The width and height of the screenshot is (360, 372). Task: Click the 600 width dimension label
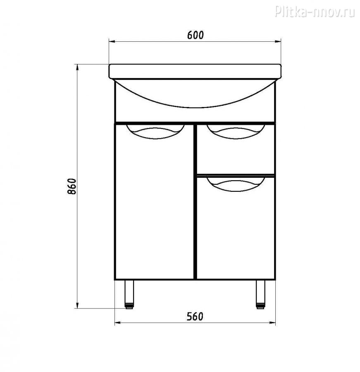(x=195, y=35)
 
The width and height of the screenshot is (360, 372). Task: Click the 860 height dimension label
(x=72, y=186)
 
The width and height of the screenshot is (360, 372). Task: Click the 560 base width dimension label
(x=195, y=317)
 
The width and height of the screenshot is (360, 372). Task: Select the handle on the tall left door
(x=155, y=132)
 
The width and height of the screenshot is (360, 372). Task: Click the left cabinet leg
(x=129, y=294)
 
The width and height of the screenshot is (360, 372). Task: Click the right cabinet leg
(x=260, y=294)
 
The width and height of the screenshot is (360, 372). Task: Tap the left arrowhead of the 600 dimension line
(x=112, y=42)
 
